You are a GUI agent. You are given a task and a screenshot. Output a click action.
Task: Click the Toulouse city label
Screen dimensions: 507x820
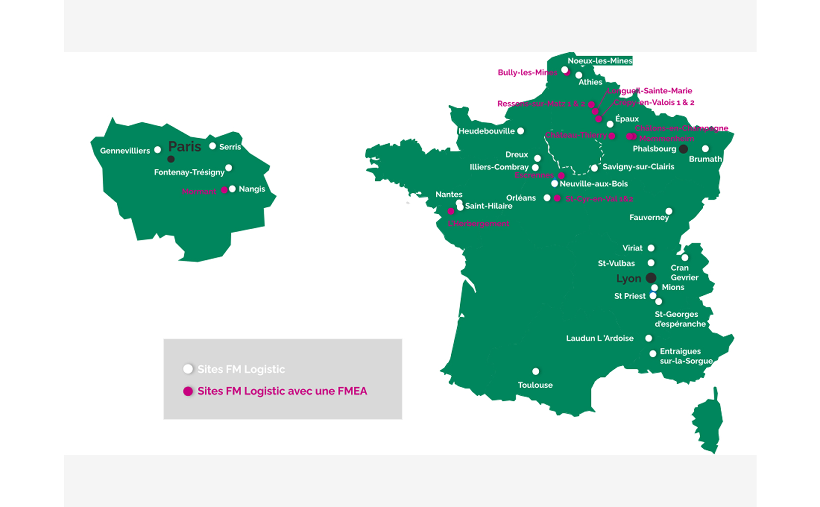(535, 385)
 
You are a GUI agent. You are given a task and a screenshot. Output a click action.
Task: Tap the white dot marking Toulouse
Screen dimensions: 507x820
(536, 371)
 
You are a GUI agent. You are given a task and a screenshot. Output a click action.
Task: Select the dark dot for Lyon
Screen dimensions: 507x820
(651, 278)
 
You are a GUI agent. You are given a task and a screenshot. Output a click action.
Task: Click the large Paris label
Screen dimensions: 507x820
(184, 147)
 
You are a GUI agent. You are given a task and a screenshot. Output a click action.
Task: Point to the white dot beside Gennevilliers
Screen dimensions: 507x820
(158, 150)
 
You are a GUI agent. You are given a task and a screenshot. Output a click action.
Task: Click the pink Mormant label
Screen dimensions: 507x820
(199, 191)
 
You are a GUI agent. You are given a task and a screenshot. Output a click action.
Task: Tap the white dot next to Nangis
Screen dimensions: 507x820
(232, 189)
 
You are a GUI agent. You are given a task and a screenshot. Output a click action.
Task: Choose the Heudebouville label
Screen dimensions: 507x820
(486, 131)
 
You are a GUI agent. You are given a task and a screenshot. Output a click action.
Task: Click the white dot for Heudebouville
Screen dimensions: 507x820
(520, 131)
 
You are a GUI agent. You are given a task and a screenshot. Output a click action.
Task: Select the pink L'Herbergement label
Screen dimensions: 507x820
(478, 224)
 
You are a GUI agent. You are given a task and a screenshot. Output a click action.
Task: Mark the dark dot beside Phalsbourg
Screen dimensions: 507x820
(683, 149)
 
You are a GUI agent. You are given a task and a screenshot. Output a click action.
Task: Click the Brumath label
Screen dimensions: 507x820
(705, 159)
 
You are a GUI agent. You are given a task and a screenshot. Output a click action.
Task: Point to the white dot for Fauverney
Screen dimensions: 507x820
(669, 211)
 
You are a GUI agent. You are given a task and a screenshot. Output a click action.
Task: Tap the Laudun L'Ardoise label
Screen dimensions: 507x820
(599, 338)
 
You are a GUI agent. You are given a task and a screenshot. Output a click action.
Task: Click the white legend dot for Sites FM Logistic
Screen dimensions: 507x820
(188, 369)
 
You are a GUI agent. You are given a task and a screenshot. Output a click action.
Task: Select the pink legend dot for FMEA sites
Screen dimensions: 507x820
(188, 391)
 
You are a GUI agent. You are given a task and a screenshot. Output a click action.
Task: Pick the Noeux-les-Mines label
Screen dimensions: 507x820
(600, 61)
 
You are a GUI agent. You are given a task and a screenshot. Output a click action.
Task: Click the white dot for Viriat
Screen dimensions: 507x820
(651, 248)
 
